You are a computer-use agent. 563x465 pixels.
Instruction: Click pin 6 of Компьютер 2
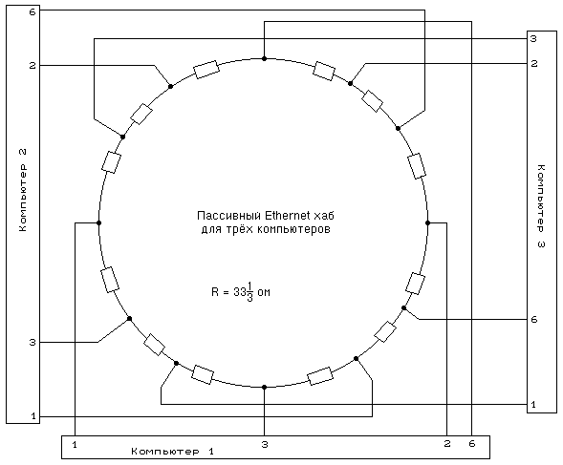click(x=32, y=12)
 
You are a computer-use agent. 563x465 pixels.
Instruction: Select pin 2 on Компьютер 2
click(x=32, y=66)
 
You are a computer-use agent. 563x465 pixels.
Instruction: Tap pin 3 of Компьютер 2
click(x=32, y=342)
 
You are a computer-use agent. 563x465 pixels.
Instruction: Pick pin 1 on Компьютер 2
click(x=33, y=416)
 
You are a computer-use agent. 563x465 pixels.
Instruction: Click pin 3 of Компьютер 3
click(x=533, y=38)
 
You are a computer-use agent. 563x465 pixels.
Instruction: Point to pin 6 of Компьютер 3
click(x=534, y=319)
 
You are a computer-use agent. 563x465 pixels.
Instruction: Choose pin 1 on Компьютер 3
click(x=533, y=404)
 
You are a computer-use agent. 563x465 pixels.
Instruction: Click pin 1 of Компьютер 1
click(x=75, y=445)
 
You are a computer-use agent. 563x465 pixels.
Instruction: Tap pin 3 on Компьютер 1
click(x=265, y=445)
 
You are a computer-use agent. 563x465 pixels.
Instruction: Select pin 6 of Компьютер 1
click(x=472, y=444)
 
